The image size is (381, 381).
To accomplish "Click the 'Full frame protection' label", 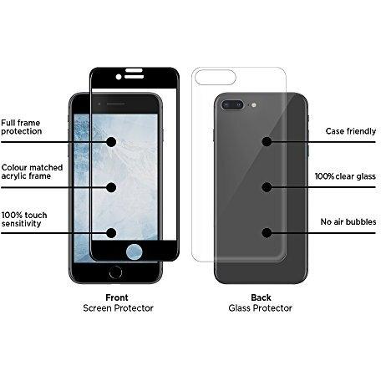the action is (21, 127).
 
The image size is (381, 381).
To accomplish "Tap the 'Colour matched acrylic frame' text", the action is (32, 171).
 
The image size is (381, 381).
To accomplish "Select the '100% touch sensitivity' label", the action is (24, 219).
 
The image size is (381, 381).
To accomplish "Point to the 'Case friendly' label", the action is (351, 131).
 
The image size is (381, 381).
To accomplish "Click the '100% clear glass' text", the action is (345, 176).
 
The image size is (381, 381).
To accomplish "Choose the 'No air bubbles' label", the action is (348, 221).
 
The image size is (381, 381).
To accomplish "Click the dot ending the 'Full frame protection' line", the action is (111, 142).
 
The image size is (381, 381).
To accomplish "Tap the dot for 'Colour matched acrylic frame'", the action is (111, 187).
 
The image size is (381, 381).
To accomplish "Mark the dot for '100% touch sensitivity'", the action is (111, 233).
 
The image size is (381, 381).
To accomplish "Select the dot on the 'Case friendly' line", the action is (267, 142).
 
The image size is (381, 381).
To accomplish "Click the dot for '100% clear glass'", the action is (267, 187).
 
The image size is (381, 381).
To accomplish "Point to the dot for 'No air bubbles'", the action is (267, 233).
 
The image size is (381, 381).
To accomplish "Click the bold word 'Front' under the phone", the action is (117, 297).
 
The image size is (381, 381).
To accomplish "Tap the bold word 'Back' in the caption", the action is (261, 297).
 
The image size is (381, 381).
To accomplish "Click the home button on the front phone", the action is (115, 272).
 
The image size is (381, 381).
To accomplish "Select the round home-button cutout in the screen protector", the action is (135, 251).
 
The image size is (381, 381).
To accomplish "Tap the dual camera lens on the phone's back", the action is (232, 105).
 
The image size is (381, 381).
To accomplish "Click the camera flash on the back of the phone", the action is (253, 105).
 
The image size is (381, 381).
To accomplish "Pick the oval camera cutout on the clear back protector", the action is (216, 77).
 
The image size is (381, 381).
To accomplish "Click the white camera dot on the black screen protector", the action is (119, 77).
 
